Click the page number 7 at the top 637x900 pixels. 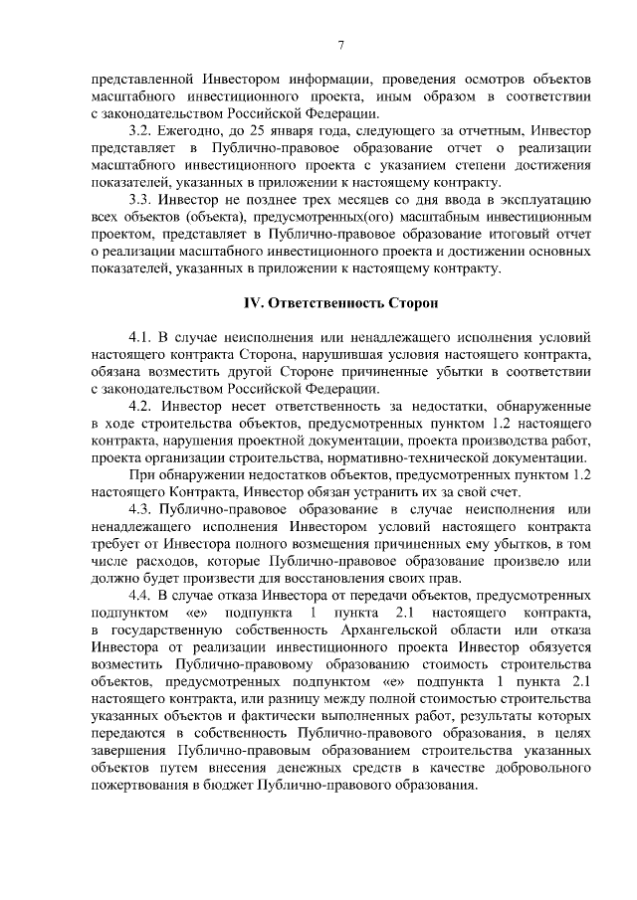click(x=340, y=45)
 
